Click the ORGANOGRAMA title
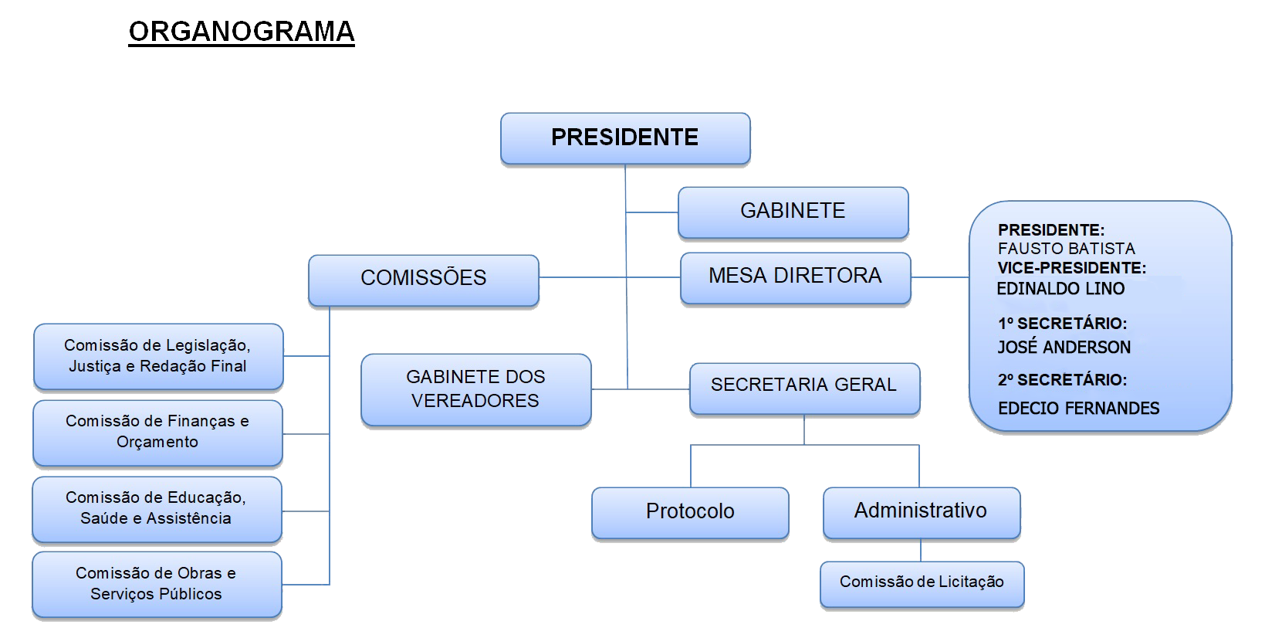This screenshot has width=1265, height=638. coord(241,32)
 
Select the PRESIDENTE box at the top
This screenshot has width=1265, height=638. coord(624,137)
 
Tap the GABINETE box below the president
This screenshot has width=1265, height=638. coord(793,211)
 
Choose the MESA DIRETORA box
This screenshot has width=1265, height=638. coord(795,276)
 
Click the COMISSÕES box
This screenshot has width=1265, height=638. coord(423,278)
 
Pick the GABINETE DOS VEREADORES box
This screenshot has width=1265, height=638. coord(475,389)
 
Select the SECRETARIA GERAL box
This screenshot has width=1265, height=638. coord(803,385)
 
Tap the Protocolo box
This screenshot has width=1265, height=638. coord(690,511)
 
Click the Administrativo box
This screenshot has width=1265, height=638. coord(921,511)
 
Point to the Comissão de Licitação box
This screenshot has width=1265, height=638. coord(922,582)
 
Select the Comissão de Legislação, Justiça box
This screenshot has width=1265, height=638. coord(157,356)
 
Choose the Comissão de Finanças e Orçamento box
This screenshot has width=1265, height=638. coord(157,432)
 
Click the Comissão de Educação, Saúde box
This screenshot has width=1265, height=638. coord(156,508)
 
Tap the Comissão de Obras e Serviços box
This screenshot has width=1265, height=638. coord(156,584)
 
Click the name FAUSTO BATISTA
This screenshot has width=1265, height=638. coord(1066,249)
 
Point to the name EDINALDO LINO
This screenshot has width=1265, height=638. coord(1060,289)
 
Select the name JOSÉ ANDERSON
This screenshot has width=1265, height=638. coord(1064,348)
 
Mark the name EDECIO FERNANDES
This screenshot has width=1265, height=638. coord(1078,409)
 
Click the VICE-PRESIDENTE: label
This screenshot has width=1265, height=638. coord(1071,268)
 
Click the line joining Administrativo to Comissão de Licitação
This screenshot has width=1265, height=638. coord(921,550)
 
